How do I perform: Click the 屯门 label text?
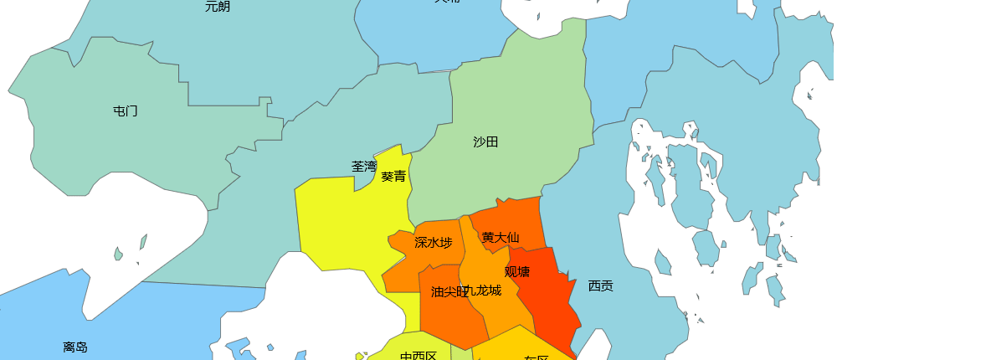pos(126,111)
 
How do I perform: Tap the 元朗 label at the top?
pos(218,7)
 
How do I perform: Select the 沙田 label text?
pos(485,141)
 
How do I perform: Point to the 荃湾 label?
pos(364,167)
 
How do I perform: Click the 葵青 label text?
pos(393,177)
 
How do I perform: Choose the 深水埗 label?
pos(434,243)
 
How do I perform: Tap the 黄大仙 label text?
pos(501,237)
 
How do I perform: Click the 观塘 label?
pos(517,271)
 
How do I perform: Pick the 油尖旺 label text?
pos(447,291)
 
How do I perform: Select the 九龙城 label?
pos(485,291)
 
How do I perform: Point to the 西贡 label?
pos(600,285)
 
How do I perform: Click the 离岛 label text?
pos(75,347)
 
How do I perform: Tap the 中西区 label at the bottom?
pos(418,356)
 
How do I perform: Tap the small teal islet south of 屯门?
pos(118,254)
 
